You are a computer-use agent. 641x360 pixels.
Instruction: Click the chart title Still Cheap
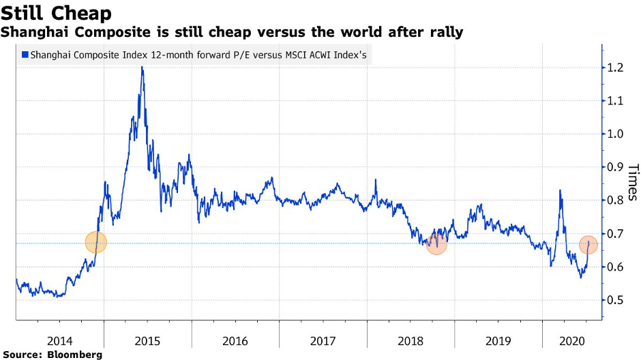click(57, 12)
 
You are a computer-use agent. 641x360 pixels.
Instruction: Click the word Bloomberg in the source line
click(75, 355)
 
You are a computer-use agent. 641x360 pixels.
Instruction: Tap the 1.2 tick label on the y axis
click(616, 67)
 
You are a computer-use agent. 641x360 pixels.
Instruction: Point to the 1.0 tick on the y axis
click(616, 134)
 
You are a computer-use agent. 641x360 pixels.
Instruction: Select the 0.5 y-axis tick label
click(616, 300)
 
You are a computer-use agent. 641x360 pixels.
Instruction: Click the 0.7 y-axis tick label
click(616, 234)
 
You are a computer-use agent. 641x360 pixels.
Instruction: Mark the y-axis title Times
click(631, 181)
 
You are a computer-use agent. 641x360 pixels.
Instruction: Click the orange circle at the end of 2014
click(96, 242)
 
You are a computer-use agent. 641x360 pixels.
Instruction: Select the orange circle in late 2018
click(436, 243)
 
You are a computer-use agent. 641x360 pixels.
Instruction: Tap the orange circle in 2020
click(589, 245)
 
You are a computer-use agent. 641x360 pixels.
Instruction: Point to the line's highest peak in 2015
click(142, 67)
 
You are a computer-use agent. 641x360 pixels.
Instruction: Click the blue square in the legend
click(25, 55)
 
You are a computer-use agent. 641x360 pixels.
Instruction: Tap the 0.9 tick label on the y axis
click(616, 167)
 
